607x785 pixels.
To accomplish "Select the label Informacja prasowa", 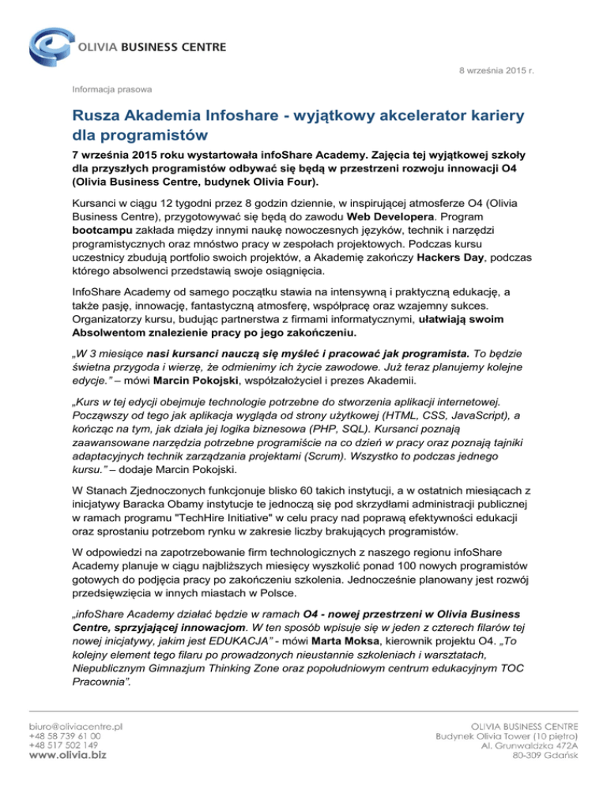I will click(112, 88).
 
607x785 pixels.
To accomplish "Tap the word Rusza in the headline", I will click(99, 116).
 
